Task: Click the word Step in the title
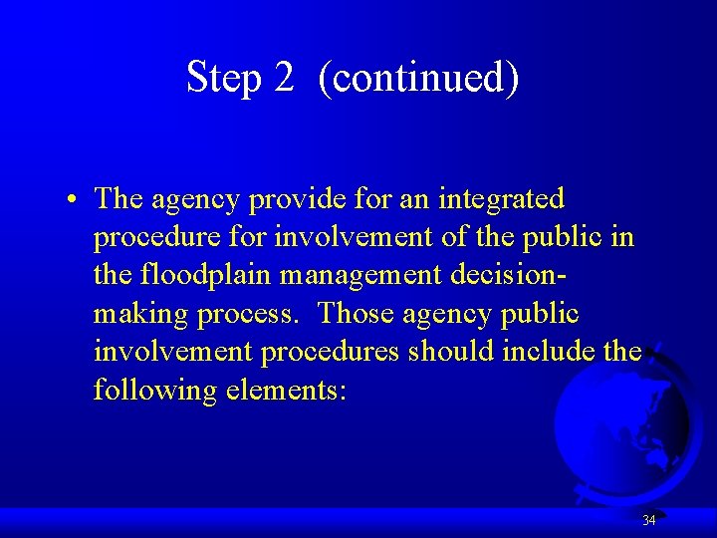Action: click(x=223, y=78)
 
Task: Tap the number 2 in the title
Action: click(x=284, y=78)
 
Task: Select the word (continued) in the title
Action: click(x=419, y=78)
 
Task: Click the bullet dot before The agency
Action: click(x=75, y=200)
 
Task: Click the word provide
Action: click(x=296, y=200)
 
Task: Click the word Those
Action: click(x=357, y=314)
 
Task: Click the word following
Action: click(x=153, y=391)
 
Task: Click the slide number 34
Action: click(x=648, y=520)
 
